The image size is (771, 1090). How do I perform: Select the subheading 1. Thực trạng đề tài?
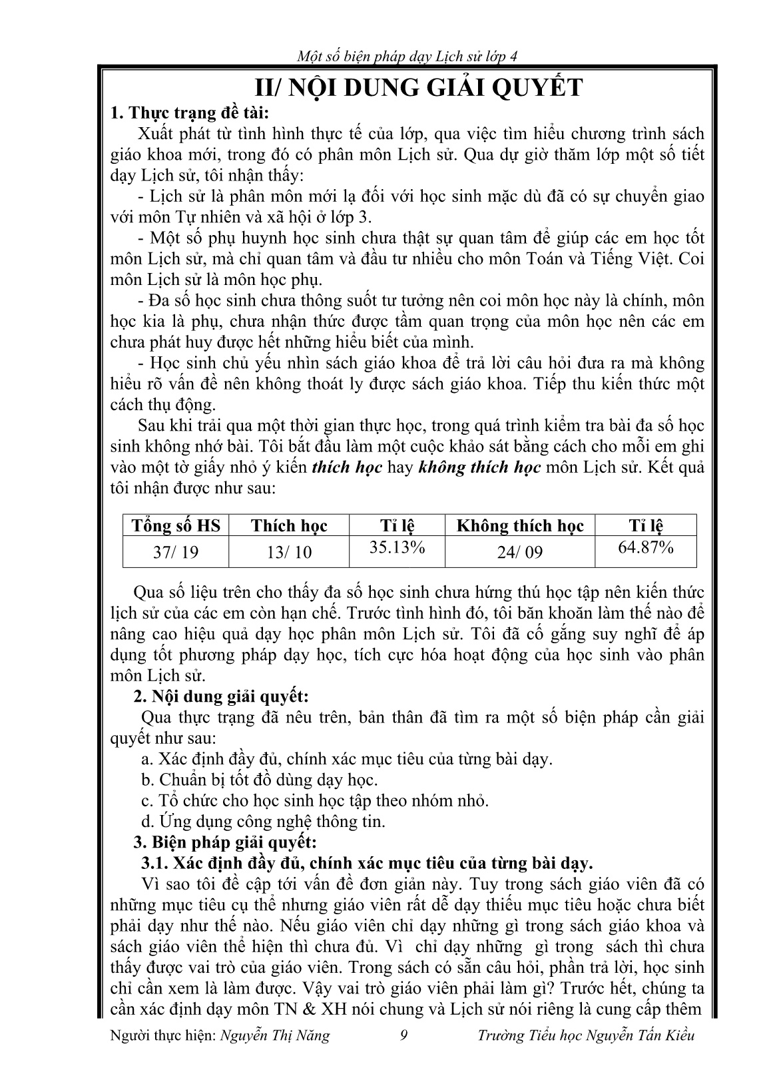[192, 113]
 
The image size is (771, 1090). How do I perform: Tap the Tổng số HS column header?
[176, 526]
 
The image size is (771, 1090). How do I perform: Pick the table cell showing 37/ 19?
[176, 552]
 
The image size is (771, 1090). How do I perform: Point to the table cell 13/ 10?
[289, 552]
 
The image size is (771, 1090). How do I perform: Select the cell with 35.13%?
[397, 547]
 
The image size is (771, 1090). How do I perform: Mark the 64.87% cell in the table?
[646, 547]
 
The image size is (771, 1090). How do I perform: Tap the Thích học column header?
[289, 526]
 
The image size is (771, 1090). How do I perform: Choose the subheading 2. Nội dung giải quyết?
[222, 696]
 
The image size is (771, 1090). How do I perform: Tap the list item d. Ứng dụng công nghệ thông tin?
[264, 821]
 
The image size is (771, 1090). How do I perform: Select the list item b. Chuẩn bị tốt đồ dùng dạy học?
[260, 779]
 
